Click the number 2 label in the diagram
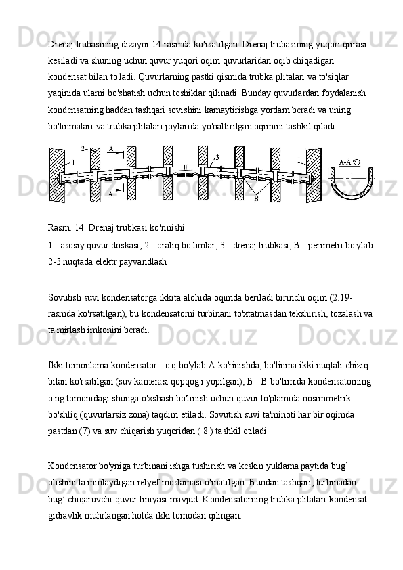tap(83, 148)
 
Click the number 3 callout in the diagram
tap(217, 157)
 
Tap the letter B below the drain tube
tap(256, 199)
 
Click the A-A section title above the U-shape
tap(349, 162)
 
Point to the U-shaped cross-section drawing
tap(352, 196)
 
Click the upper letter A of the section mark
tap(111, 149)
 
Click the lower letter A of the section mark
tap(111, 194)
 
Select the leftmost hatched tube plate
tap(56, 176)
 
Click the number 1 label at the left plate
tap(73, 162)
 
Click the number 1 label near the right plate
tap(299, 160)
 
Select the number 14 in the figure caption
tap(80, 228)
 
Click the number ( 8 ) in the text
tap(205, 431)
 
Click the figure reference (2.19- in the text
tap(341, 298)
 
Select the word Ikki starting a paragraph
tap(55, 365)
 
